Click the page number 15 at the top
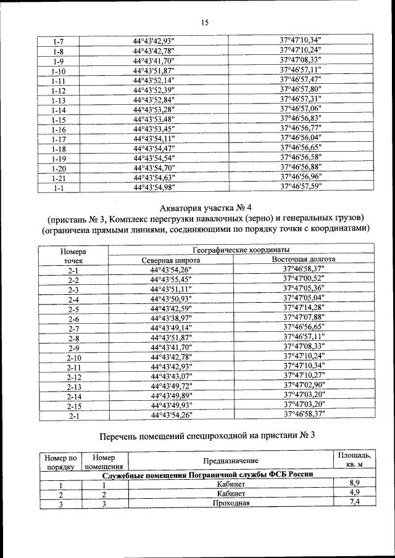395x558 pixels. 205,23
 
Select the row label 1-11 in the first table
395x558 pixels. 59,81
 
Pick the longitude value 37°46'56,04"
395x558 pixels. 301,137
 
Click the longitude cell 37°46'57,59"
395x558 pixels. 301,186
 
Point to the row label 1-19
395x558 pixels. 59,158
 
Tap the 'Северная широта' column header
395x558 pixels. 170,260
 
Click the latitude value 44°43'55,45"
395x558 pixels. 171,279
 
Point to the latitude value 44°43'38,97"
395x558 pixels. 171,318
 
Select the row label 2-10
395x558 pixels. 73,357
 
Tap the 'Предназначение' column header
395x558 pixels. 230,461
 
